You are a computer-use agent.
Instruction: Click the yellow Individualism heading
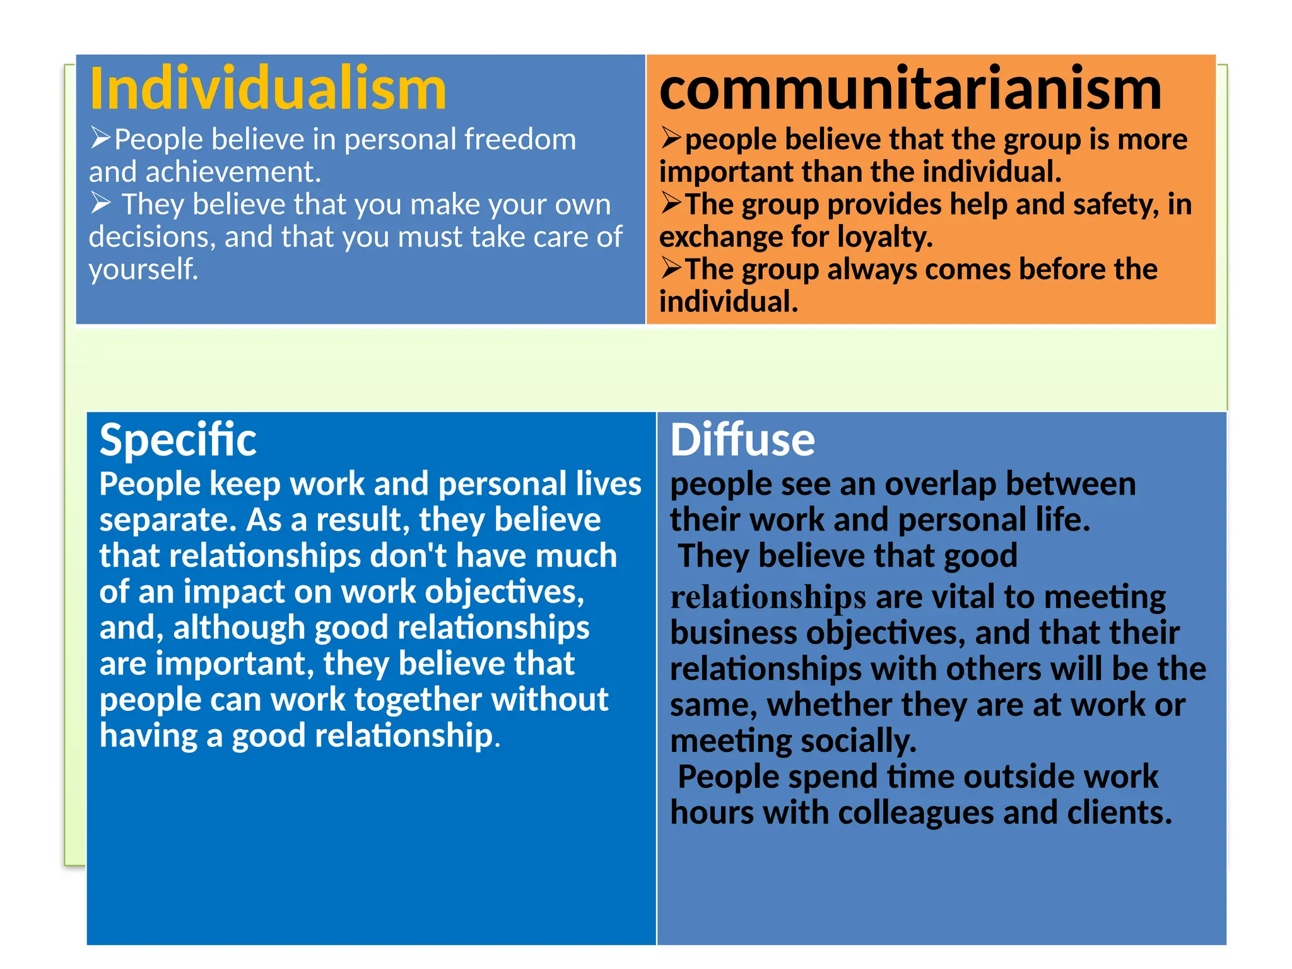[x=268, y=89]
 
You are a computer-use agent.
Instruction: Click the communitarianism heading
[x=910, y=89]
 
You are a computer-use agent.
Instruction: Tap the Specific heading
[x=178, y=440]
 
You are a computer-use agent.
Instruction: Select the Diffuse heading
[x=743, y=440]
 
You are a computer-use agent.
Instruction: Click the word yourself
[x=143, y=269]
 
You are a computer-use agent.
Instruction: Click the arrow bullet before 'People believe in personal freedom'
[x=101, y=138]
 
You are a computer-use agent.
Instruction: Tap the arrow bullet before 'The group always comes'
[x=672, y=268]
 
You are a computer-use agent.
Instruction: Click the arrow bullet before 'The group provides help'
[x=672, y=203]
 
